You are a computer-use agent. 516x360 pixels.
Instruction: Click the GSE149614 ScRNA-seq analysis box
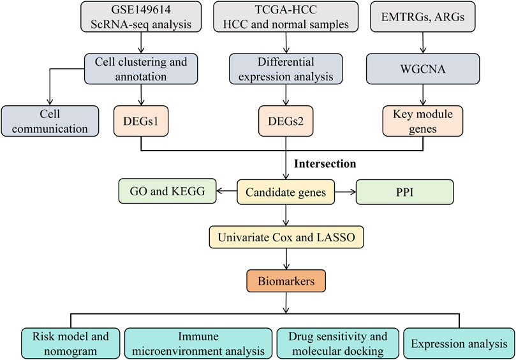point(141,17)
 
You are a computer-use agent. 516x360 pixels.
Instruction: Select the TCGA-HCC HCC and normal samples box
point(286,17)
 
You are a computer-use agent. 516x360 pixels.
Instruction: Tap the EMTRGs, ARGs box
point(422,17)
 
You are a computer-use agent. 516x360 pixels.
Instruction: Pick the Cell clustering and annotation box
point(141,69)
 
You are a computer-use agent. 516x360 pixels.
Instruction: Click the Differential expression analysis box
point(286,69)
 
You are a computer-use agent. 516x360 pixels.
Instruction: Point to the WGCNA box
point(423,69)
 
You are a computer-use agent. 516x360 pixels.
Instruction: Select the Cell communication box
point(50,121)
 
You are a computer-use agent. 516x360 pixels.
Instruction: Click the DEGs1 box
point(141,121)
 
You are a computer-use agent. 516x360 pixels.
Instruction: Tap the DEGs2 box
point(286,121)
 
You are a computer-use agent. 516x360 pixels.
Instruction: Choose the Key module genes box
point(422,121)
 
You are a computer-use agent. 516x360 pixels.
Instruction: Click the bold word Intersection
point(325,163)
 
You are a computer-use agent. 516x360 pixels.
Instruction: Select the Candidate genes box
point(286,192)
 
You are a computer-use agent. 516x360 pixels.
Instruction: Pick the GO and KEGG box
point(168,191)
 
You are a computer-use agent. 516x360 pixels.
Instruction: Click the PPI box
point(405,192)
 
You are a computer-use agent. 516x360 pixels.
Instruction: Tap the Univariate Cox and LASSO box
point(286,237)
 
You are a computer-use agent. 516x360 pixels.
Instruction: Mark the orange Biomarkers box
point(286,281)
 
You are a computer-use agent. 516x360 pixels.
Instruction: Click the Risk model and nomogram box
point(70,343)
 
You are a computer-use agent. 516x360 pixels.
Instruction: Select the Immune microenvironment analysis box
point(198,343)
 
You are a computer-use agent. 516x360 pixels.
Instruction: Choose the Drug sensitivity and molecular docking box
point(337,343)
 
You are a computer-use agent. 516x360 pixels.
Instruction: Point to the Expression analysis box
point(459,343)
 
